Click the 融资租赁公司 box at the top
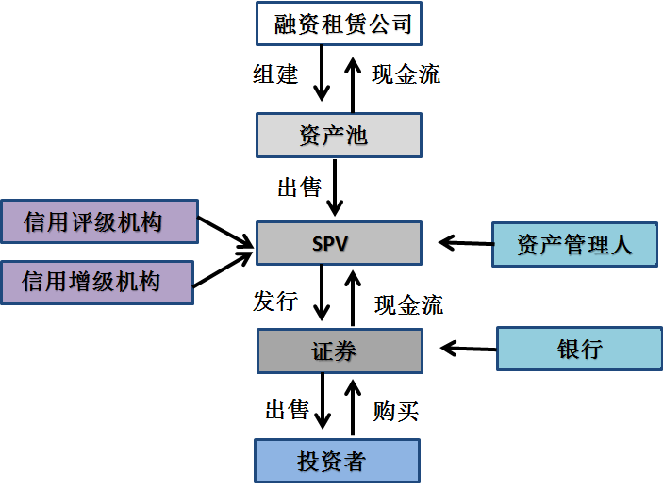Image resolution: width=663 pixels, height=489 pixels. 339,24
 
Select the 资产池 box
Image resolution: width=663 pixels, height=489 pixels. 339,135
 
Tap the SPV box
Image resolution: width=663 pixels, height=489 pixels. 339,244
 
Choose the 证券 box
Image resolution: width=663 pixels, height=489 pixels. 339,351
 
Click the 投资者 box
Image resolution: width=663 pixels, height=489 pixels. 337,461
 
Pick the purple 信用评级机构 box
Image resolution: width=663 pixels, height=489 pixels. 99,222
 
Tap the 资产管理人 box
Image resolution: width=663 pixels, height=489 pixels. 574,245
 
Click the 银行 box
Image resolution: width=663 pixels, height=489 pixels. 579,350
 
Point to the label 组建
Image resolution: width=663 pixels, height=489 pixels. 275,75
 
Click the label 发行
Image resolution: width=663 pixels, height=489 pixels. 275,302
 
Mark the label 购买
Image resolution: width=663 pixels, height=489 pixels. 396,410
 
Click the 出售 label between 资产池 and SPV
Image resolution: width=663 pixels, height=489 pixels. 299,187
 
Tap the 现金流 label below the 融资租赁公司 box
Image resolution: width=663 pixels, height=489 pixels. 406,75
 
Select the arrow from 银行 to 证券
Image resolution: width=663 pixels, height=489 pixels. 469,349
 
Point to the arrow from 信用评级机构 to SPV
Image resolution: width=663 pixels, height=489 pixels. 226,234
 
